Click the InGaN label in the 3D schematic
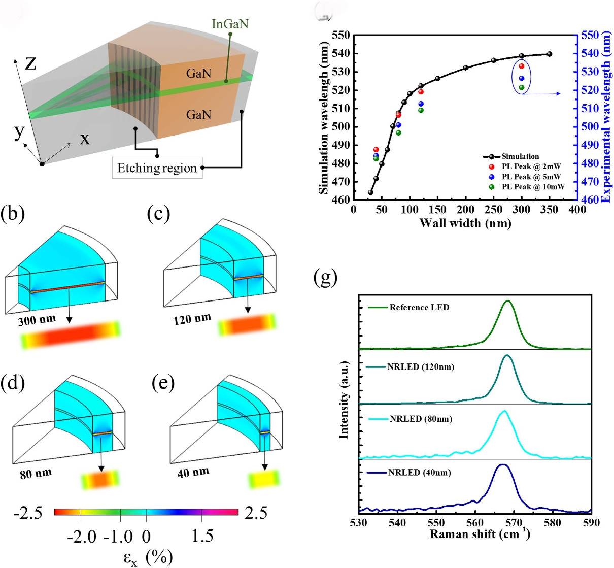[230, 24]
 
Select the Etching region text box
[157, 168]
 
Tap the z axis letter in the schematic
[30, 63]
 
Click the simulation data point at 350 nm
[550, 54]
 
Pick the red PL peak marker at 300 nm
[521, 66]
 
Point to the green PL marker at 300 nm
[521, 87]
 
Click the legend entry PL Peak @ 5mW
[531, 177]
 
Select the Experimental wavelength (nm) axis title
[606, 117]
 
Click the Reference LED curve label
[419, 307]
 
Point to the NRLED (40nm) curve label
[419, 473]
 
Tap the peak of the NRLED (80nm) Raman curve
[503, 411]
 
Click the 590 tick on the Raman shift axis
[591, 522]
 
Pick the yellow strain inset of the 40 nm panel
[264, 479]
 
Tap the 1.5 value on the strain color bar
[202, 537]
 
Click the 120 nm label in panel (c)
[192, 319]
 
